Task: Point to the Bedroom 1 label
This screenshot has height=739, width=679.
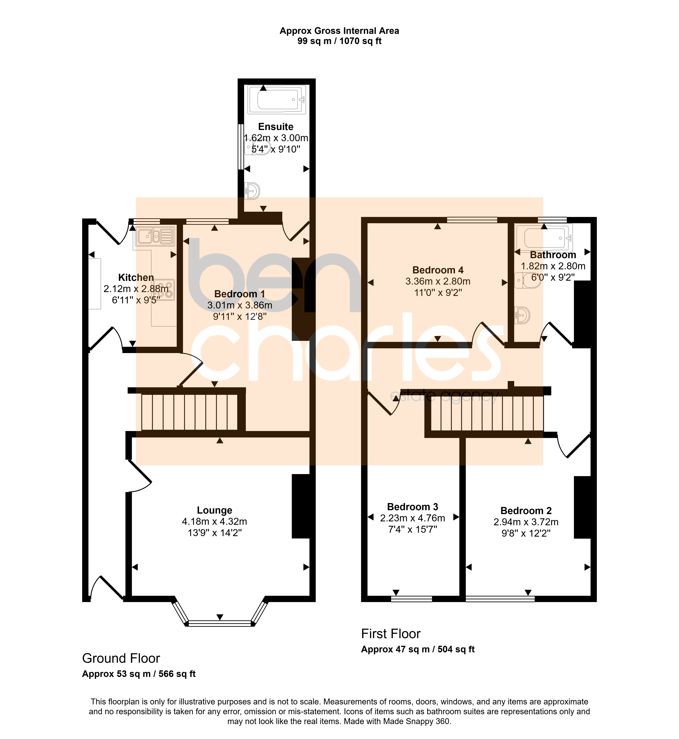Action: pos(240,294)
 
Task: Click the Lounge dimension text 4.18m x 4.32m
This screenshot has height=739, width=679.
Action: pos(215,521)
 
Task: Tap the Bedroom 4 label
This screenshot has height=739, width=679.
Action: pos(438,270)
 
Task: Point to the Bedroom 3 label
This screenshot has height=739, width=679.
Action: pos(413,507)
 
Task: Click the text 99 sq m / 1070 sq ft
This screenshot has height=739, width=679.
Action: pos(339,41)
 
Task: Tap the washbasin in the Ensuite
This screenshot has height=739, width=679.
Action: pos(252,191)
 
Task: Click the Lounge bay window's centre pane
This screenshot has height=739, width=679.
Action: pos(220,623)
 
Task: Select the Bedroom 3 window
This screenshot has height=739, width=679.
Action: pos(411,599)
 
